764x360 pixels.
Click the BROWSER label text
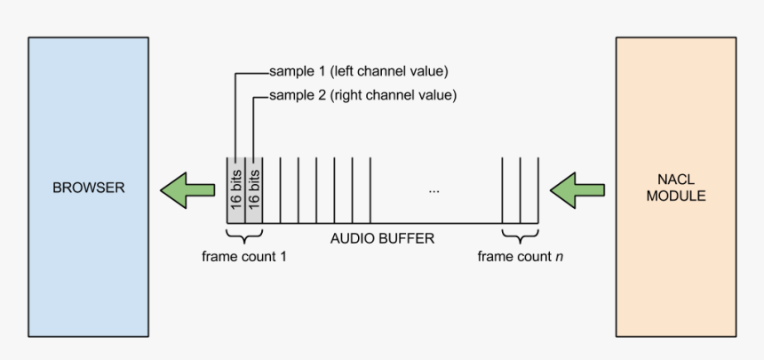pos(88,188)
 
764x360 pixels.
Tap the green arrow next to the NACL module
pos(577,188)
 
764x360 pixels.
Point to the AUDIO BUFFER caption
pos(382,238)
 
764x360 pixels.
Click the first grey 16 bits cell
pos(235,189)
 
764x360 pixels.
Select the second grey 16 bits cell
pos(254,189)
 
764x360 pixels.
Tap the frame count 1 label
pos(244,257)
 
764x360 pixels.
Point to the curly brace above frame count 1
pos(244,236)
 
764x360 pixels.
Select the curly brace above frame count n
pos(521,236)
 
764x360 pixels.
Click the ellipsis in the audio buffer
pos(434,190)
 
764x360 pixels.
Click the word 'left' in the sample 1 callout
pos(345,71)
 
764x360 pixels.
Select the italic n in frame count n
pos(558,257)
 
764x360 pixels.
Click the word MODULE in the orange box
pos(676,196)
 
